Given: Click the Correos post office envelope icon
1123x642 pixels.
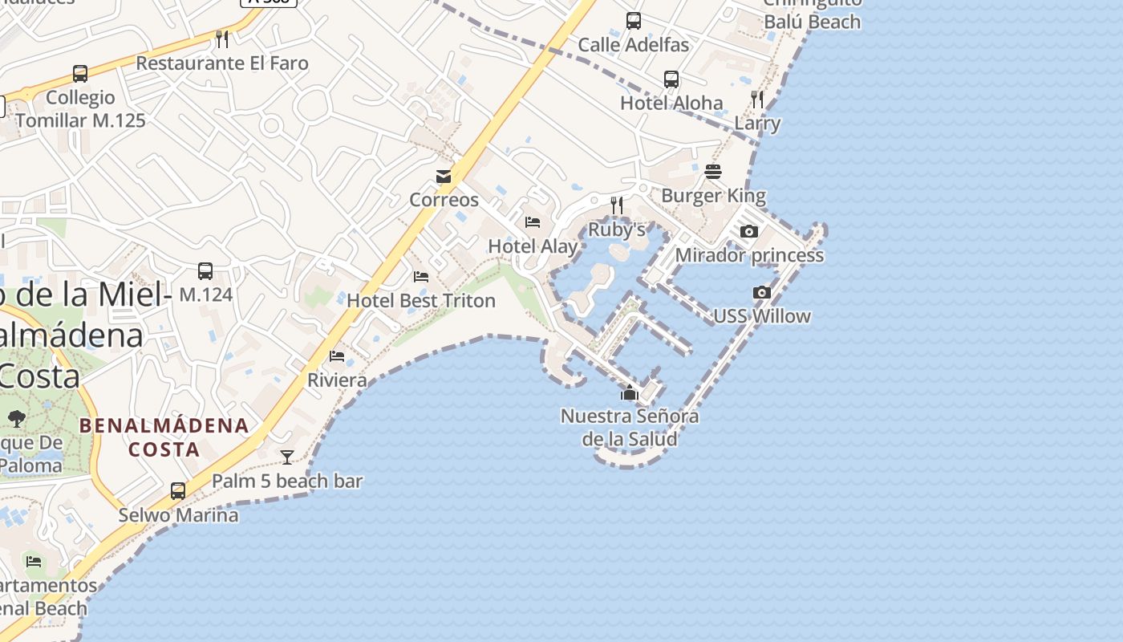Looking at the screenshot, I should [444, 177].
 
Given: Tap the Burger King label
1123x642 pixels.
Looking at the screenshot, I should [713, 196].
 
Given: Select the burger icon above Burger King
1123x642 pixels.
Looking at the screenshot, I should [713, 172].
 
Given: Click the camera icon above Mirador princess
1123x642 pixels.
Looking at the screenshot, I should [749, 232].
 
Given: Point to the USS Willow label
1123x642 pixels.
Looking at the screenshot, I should [761, 316].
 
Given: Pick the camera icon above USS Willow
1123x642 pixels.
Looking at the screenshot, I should [761, 293].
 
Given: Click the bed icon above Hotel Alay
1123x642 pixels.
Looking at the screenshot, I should [533, 222].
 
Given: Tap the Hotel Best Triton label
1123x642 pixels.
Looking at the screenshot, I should [421, 301].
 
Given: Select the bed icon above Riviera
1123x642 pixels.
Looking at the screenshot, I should [337, 356].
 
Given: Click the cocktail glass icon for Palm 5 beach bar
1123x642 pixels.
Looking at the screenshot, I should [287, 457].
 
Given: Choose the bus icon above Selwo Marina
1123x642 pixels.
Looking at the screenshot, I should [178, 490].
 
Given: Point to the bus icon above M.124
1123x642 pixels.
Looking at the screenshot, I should [205, 271].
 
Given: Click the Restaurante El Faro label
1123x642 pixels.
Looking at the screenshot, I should [222, 63].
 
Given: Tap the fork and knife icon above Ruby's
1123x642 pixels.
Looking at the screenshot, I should [617, 205].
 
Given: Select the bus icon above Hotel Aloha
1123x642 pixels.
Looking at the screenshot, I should [671, 79].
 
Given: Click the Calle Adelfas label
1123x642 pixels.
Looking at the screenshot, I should [633, 45].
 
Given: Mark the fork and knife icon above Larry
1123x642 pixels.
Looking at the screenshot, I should [757, 100].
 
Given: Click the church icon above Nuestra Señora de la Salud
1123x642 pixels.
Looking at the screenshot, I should [630, 392].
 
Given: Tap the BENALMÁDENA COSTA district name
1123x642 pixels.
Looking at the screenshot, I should [164, 437].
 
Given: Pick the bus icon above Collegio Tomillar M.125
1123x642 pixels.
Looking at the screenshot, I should [80, 74].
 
